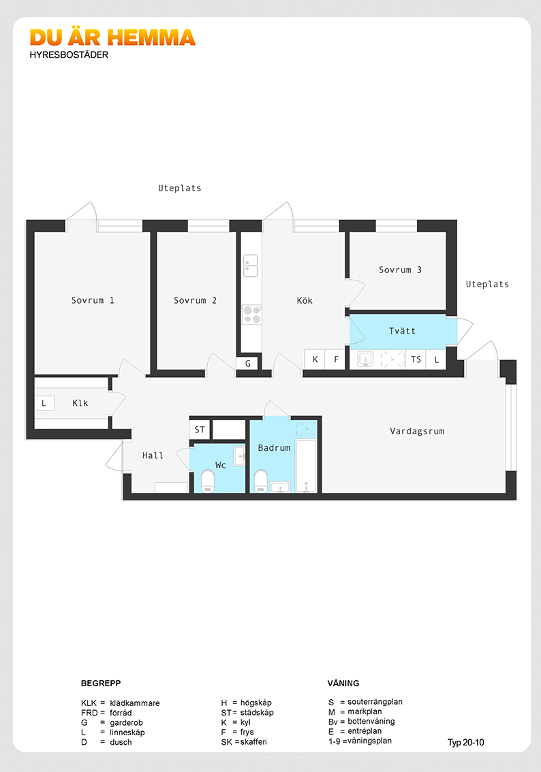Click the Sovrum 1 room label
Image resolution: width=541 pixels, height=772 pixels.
point(93,300)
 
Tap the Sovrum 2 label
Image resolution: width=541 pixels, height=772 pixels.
point(195,300)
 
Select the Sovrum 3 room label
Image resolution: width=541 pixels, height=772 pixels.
point(400,270)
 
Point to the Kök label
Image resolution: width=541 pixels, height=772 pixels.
point(305,300)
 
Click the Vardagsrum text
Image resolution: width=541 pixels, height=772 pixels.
point(417,432)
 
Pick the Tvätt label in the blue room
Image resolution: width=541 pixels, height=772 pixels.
point(402,331)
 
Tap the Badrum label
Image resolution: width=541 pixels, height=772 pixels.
point(274,448)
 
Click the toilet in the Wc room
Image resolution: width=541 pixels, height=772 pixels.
point(208,481)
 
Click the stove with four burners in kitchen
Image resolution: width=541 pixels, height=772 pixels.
point(252,315)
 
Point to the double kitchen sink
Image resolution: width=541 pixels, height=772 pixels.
point(251,266)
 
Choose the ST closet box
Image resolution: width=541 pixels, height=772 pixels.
point(200,430)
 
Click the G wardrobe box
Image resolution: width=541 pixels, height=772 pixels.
point(248,364)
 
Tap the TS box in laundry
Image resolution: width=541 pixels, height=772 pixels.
point(416,359)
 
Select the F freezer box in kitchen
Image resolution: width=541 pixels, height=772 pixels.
point(336,359)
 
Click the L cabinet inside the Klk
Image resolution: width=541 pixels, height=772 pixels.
point(44,403)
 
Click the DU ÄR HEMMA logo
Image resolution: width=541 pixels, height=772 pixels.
point(112,37)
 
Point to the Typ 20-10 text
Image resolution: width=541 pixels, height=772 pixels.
point(465,743)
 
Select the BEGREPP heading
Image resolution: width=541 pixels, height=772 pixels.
point(101,683)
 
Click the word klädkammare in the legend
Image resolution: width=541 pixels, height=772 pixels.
point(134,703)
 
